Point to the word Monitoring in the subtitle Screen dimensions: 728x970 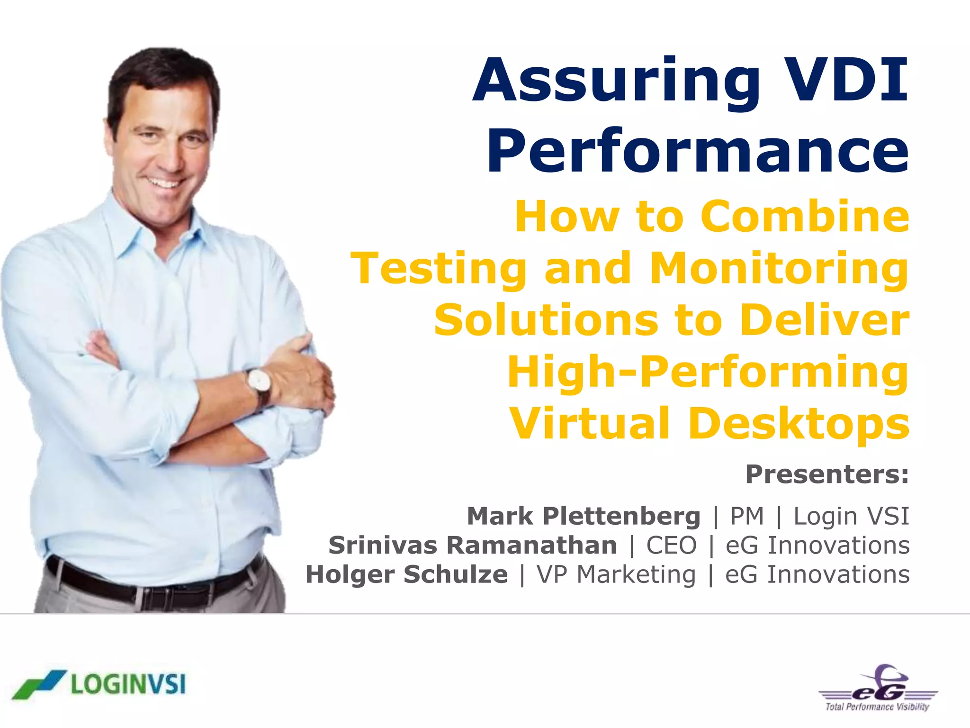(779, 269)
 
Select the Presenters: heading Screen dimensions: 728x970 (827, 474)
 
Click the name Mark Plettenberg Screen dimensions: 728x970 (584, 516)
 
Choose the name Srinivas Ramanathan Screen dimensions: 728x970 (473, 546)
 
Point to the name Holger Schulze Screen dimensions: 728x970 (406, 574)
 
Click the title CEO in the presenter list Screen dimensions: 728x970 (672, 546)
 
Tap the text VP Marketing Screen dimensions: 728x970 (616, 574)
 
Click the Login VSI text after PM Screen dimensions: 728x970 (851, 516)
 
